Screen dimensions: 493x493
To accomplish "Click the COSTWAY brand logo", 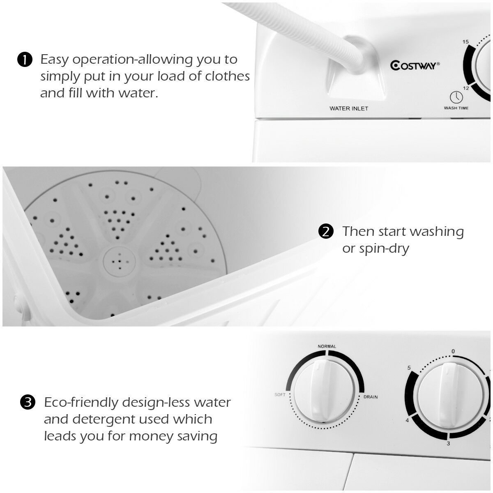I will [415, 65].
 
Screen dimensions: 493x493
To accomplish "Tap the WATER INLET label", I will [349, 109].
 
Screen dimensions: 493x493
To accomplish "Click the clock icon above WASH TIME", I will [456, 97].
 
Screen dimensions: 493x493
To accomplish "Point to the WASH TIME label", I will [456, 108].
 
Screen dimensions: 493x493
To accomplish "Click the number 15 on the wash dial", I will [465, 42].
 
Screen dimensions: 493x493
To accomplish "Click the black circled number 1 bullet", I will [25, 60].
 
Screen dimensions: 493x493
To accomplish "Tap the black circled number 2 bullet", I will [326, 232].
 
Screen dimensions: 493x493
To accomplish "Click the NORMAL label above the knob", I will [327, 346].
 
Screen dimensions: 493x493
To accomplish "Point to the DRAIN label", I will [370, 397].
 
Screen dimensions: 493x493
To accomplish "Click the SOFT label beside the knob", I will [280, 395].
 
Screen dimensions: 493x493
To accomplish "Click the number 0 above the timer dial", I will [453, 351].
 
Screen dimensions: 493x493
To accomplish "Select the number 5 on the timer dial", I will [409, 368].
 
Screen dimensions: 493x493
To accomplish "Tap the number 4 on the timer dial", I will [408, 420].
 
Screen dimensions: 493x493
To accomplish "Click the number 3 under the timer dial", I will [448, 443].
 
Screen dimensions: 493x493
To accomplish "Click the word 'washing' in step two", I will [437, 232].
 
